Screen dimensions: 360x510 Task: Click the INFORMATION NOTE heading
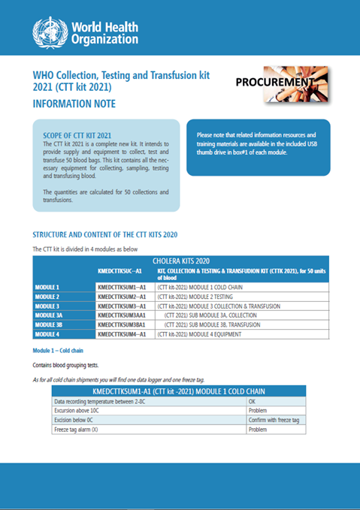coord(74,104)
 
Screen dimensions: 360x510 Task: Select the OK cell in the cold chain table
coord(253,401)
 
